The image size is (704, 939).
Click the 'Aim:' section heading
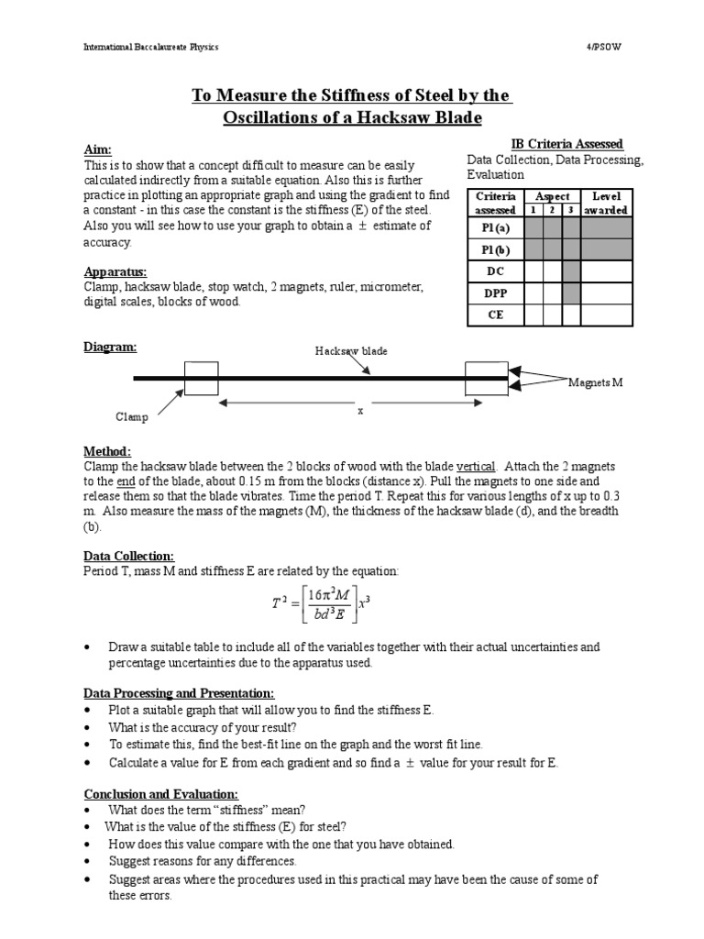tap(98, 149)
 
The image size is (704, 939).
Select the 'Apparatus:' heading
tap(115, 272)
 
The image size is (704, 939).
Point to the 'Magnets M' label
tap(595, 381)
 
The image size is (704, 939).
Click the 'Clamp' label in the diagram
tap(131, 416)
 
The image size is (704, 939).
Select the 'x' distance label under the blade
tap(360, 412)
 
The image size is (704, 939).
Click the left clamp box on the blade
tap(201, 378)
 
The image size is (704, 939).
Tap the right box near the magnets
tap(486, 378)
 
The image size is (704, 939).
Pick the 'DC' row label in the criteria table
tap(495, 271)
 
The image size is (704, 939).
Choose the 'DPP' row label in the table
tap(495, 293)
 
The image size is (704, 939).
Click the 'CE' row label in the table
tap(495, 315)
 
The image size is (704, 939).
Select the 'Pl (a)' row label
tap(495, 226)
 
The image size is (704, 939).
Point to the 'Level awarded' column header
tap(606, 203)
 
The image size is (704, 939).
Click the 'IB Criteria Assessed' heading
tap(566, 144)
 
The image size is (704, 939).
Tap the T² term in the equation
tap(280, 604)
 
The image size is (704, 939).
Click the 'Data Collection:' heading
tap(128, 556)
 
